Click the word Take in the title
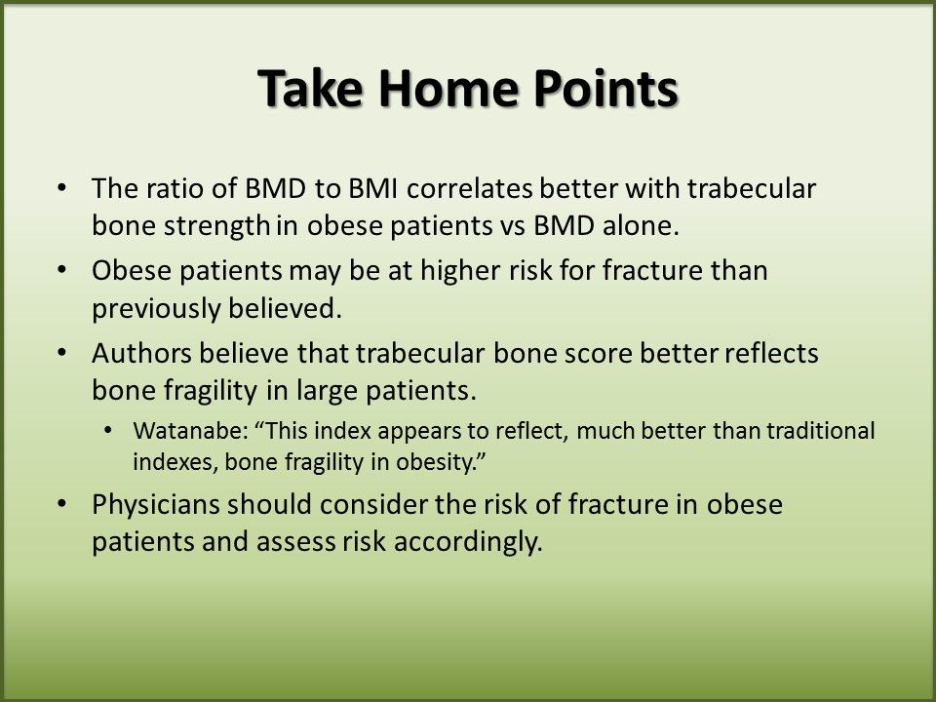tap(310, 88)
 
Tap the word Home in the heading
tap(448, 88)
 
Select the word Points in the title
tap(605, 88)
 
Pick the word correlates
tap(470, 188)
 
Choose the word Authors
tap(141, 353)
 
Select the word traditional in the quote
tap(820, 430)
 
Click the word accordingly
tap(468, 543)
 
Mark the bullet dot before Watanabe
tap(107, 430)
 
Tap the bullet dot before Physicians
tap(62, 504)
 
